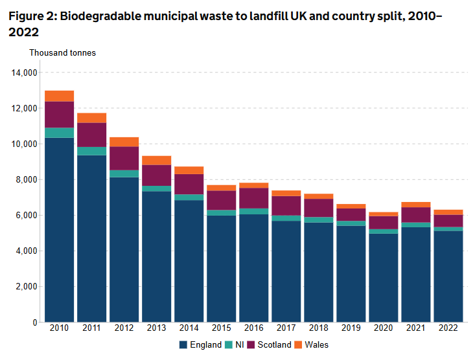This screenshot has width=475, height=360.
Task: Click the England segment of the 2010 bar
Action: tap(59, 230)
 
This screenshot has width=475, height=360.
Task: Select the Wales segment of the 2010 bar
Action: tap(59, 96)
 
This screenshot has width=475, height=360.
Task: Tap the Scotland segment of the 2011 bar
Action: tap(91, 135)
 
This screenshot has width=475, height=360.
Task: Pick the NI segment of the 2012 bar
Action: tap(124, 174)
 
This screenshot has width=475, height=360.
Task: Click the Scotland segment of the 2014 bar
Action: tap(189, 184)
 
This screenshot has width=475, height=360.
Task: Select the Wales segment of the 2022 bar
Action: tap(448, 212)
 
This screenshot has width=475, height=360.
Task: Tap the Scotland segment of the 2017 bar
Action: tap(286, 205)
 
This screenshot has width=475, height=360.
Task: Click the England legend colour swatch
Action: tap(183, 345)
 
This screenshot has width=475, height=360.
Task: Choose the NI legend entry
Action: tap(235, 345)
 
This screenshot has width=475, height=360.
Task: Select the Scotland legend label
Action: tap(274, 345)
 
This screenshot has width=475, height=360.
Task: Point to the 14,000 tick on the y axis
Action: tap(23, 73)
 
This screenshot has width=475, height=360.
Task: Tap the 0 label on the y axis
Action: tap(35, 322)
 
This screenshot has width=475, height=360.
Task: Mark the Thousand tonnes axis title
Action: tap(62, 52)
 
